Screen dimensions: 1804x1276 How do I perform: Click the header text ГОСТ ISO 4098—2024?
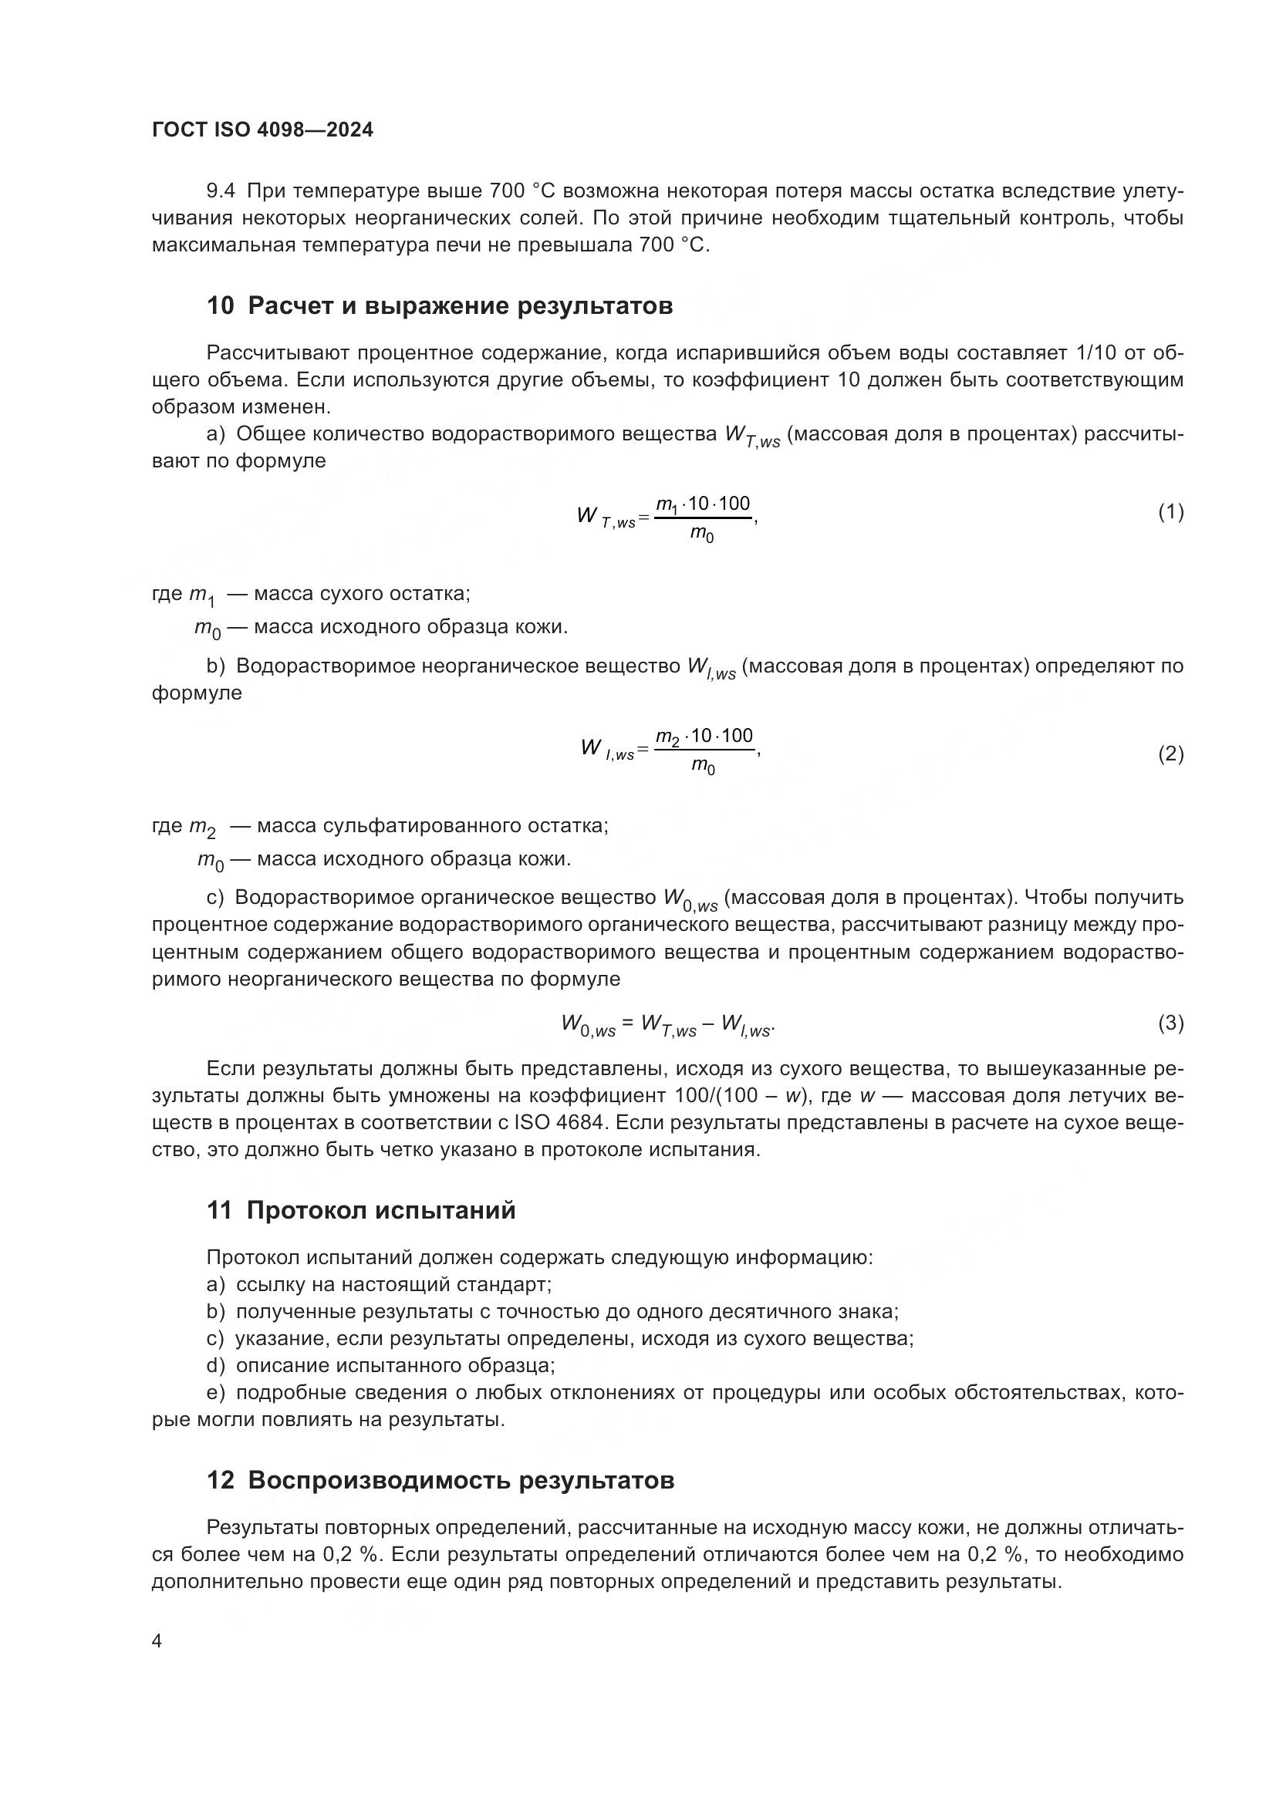(262, 130)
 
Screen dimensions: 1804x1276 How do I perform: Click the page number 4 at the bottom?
(157, 1641)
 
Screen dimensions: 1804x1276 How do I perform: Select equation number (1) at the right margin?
(1170, 512)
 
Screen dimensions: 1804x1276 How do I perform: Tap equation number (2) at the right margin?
(1170, 754)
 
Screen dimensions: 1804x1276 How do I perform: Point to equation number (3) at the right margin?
(1170, 1023)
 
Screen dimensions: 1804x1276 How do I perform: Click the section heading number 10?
(220, 305)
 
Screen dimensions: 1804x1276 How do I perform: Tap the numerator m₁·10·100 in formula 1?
(704, 504)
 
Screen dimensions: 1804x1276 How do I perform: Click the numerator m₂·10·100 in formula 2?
(705, 737)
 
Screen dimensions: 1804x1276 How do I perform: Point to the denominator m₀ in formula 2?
(704, 766)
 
